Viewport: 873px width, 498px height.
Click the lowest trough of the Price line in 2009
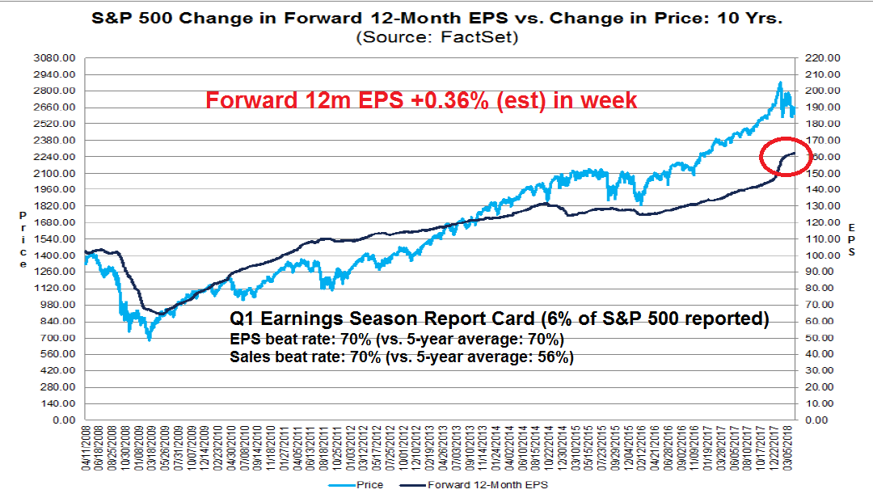click(x=149, y=340)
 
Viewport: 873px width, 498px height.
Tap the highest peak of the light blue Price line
click(x=780, y=82)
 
